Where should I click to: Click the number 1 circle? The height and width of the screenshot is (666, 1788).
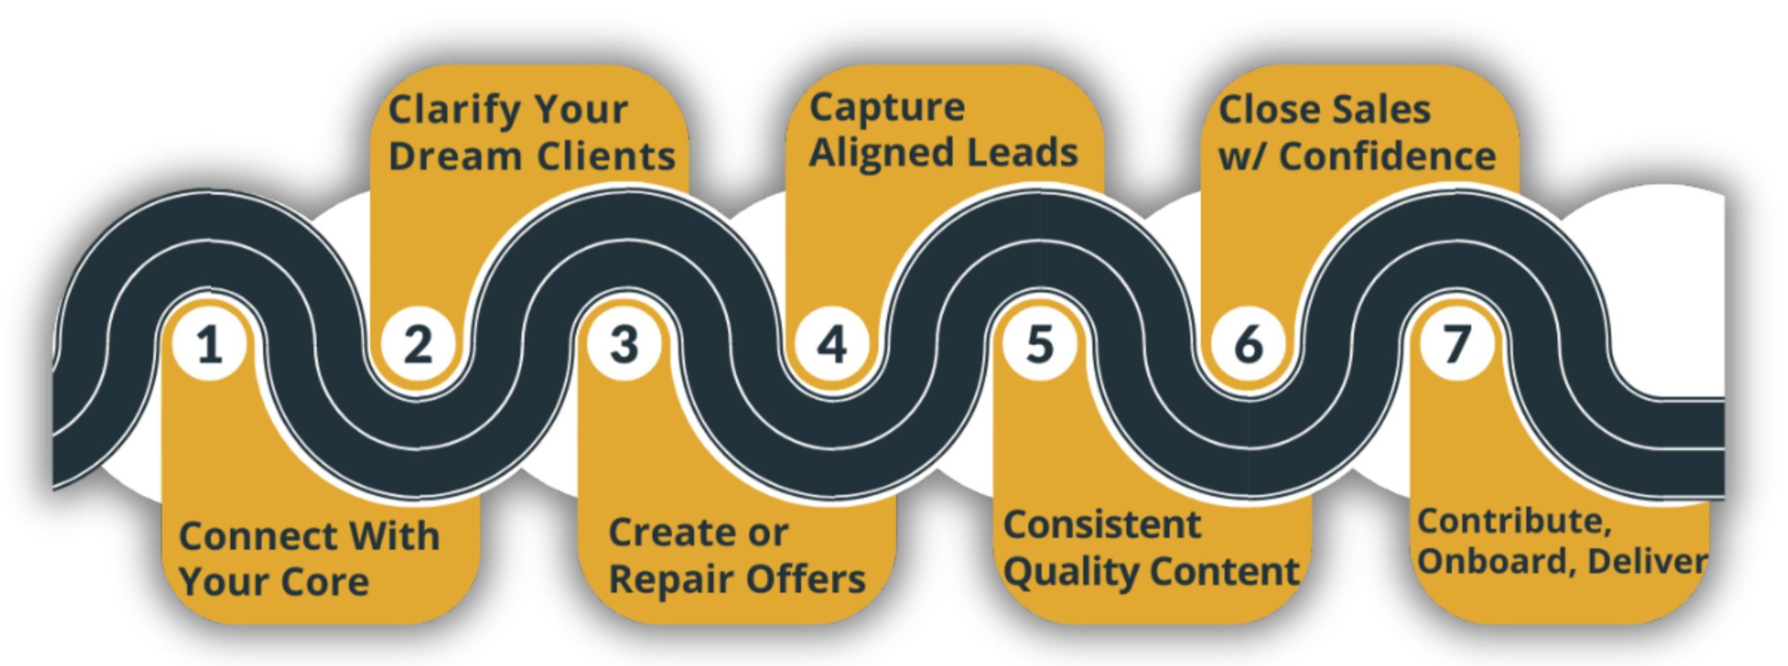[x=210, y=344]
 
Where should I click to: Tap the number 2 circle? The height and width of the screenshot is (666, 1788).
[x=418, y=344]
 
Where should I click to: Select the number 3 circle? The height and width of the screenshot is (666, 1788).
[x=624, y=344]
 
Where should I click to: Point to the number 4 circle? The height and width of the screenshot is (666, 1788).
[x=832, y=344]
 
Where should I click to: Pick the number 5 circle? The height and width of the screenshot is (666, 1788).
[x=1040, y=344]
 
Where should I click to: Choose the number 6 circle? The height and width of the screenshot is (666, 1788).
[x=1248, y=344]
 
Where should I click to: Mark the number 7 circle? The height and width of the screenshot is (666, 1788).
[x=1457, y=344]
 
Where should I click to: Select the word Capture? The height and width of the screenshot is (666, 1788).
[x=887, y=108]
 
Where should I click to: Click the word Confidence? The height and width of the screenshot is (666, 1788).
[x=1387, y=156]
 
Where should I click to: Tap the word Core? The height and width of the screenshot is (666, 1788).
[x=325, y=582]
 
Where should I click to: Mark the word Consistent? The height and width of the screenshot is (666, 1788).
[x=1102, y=525]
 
